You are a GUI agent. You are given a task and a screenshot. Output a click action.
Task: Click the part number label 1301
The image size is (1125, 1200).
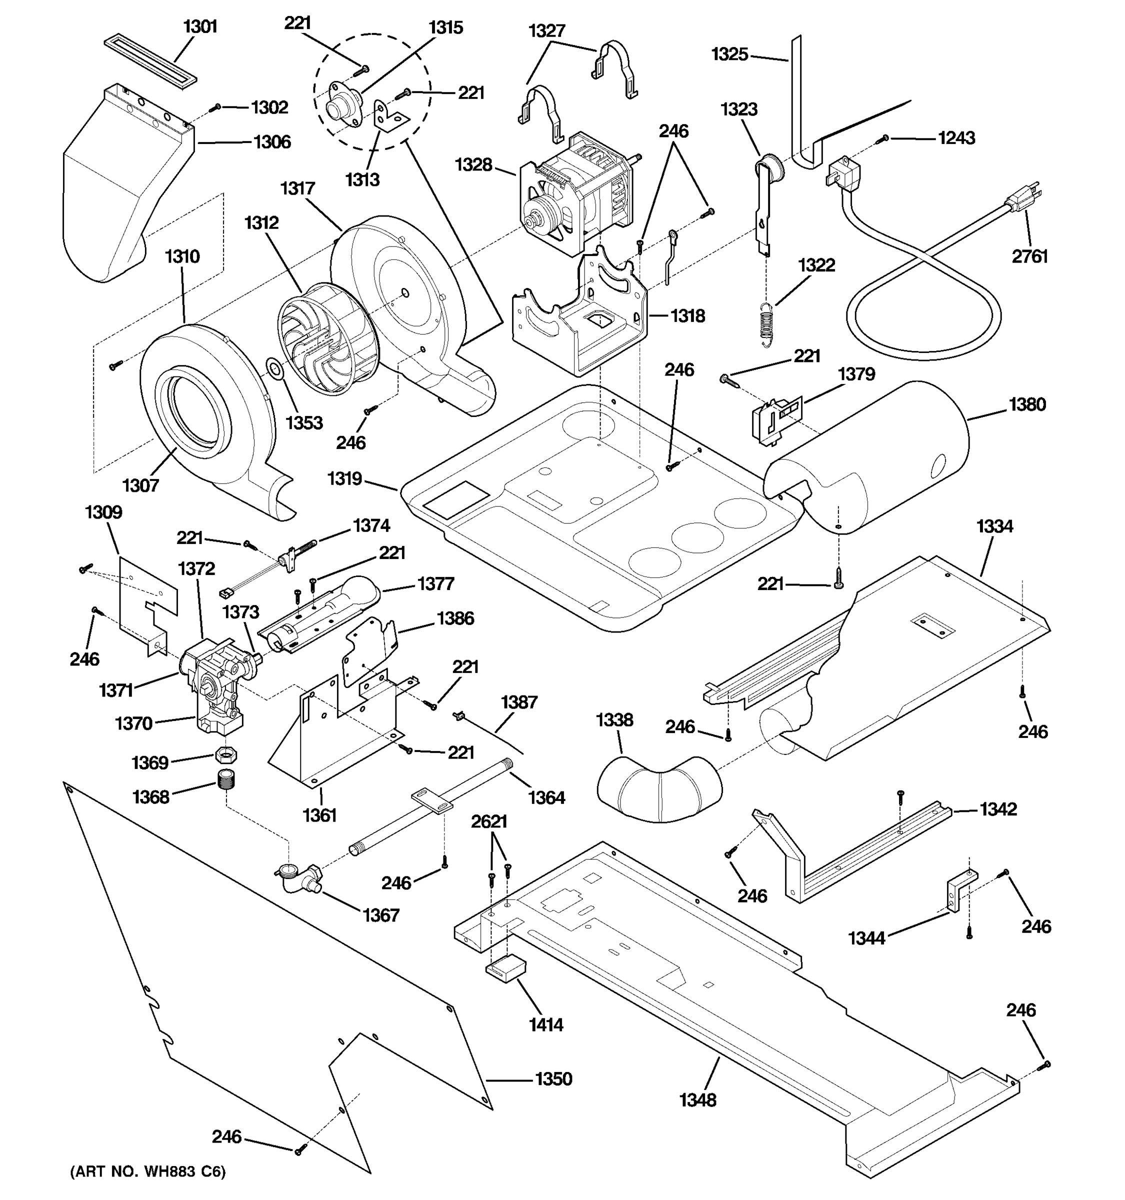click(200, 27)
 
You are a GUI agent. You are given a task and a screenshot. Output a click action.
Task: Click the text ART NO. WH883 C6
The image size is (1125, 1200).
click(148, 1171)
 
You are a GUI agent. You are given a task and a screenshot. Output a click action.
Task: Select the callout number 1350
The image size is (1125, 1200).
click(553, 1078)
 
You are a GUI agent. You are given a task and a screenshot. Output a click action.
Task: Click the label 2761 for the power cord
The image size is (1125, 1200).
click(1029, 256)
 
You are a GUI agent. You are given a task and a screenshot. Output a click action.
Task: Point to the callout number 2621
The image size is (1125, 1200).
click(489, 821)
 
